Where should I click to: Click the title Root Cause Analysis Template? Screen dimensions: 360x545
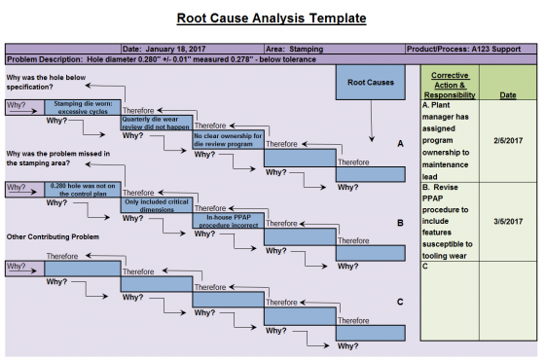pyautogui.click(x=272, y=18)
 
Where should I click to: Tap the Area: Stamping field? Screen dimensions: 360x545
pyautogui.click(x=296, y=48)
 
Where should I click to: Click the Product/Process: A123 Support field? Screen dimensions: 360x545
pyautogui.click(x=468, y=48)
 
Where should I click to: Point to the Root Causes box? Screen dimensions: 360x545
pyautogui.click(x=371, y=84)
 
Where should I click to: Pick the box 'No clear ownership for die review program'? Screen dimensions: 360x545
pyautogui.click(x=228, y=139)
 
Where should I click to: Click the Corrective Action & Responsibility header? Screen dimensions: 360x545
pyautogui.click(x=449, y=84)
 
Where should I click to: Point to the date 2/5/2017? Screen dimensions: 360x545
pyautogui.click(x=507, y=141)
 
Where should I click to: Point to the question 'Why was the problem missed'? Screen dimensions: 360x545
pyautogui.click(x=58, y=159)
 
